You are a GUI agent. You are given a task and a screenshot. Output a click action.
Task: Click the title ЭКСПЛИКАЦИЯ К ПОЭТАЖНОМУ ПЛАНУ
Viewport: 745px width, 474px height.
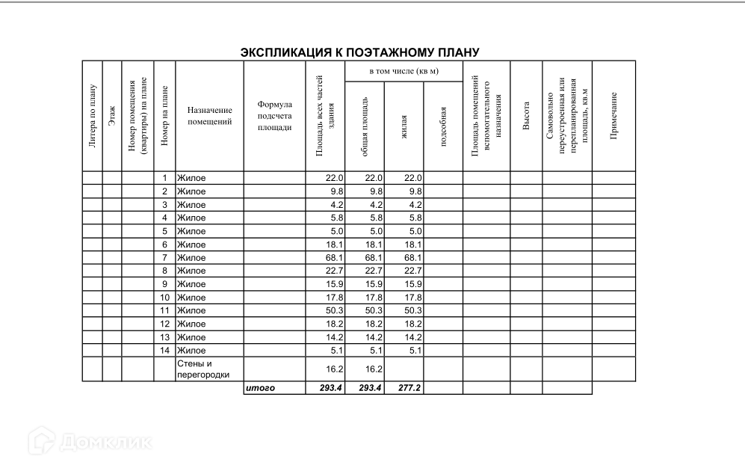(x=359, y=53)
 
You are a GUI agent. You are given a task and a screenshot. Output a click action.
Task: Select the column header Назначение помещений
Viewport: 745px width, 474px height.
(x=209, y=115)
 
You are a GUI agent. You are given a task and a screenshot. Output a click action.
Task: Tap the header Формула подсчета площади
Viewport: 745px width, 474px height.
(x=274, y=116)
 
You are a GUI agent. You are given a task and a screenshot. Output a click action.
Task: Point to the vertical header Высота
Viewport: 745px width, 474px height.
(x=526, y=117)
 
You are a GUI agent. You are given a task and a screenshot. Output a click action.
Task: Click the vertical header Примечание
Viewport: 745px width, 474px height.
(x=613, y=117)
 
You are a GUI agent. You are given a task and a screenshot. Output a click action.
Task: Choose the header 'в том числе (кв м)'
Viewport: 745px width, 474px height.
(x=404, y=72)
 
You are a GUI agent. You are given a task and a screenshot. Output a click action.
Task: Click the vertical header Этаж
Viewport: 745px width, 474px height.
(x=112, y=117)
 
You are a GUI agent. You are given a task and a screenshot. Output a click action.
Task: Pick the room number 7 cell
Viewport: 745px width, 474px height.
(x=164, y=258)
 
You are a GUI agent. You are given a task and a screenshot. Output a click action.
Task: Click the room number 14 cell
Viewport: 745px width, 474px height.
(x=164, y=350)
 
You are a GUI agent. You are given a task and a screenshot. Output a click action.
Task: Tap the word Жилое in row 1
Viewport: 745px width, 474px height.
(x=191, y=178)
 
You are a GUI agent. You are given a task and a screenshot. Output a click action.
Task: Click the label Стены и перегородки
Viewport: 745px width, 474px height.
(x=203, y=369)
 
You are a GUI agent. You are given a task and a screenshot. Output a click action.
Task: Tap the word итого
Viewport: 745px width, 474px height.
(x=261, y=389)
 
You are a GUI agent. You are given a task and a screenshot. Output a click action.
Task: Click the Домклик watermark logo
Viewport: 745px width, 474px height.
(x=90, y=442)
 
